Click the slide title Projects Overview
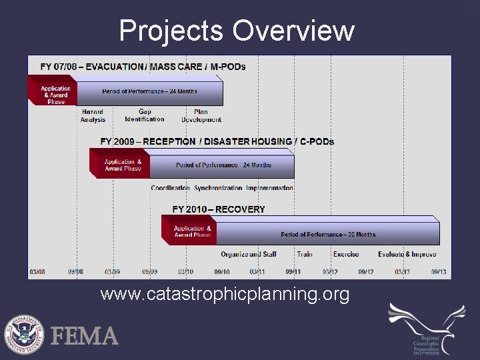pos(237,31)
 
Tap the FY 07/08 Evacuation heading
pos(143,67)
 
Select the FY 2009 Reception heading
pos(217,141)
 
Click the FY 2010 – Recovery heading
pos(218,209)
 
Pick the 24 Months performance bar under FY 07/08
pos(149,91)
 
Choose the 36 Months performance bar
pos(327,234)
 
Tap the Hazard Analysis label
pos(93,116)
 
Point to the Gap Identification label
pos(144,116)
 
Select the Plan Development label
pos(201,116)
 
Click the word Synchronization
pos(217,188)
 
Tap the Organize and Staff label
pos(248,254)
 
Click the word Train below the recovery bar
pos(305,254)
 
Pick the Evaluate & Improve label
pos(407,254)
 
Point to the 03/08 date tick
pos(37,272)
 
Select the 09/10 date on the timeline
pos(221,272)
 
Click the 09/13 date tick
pos(438,272)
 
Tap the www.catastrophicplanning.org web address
pos(225,294)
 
